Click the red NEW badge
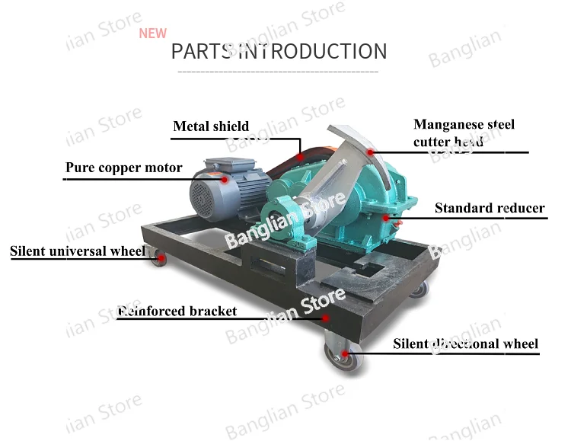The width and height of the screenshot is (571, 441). tap(152, 34)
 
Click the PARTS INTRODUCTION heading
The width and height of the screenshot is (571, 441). tap(279, 52)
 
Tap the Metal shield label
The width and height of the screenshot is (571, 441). tap(211, 126)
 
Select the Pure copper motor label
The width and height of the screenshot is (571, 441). tap(123, 168)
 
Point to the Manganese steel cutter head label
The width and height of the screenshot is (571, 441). tap(464, 133)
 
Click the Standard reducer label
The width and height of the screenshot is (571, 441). tap(490, 208)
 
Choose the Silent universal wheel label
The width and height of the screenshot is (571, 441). tap(77, 251)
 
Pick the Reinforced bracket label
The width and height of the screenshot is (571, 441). tap(177, 311)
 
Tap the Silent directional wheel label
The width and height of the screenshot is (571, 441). tap(465, 344)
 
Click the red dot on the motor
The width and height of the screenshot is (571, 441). tap(225, 180)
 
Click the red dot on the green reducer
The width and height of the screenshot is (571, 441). tap(386, 218)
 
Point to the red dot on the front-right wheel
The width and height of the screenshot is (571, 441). tap(344, 353)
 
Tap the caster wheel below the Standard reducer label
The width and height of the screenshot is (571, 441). tap(418, 289)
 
